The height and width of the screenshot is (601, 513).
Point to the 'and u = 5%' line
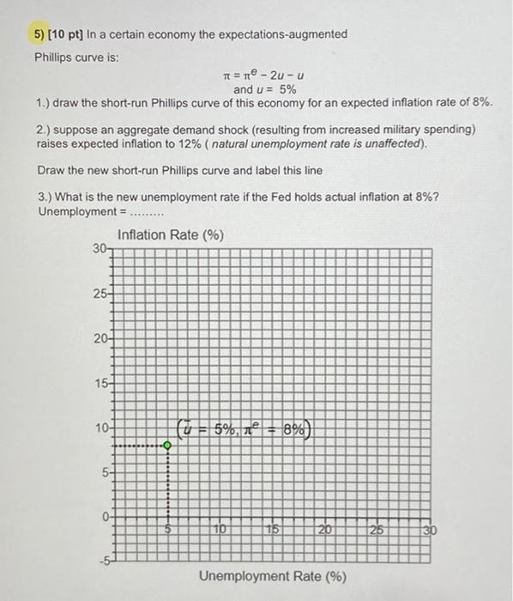tap(265, 89)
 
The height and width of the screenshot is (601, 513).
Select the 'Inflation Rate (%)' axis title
tap(170, 234)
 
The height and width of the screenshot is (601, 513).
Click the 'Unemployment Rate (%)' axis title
tap(273, 576)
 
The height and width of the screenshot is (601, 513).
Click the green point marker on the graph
tap(167, 446)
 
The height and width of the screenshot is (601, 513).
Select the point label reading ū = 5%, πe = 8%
tap(247, 427)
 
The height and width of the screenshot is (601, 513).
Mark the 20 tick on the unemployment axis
tap(325, 531)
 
